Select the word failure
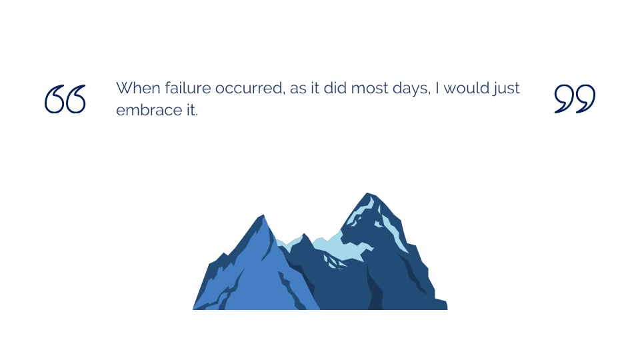pyautogui.click(x=188, y=88)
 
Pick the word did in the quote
pyautogui.click(x=335, y=88)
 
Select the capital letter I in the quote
pyautogui.click(x=437, y=88)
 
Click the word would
pyautogui.click(x=466, y=88)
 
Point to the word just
pyautogui.click(x=506, y=89)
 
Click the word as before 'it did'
pyautogui.click(x=298, y=89)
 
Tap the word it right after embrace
pyautogui.click(x=192, y=110)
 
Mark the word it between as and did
pyautogui.click(x=315, y=88)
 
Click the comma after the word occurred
pyautogui.click(x=283, y=93)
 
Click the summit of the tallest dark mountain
pyautogui.click(x=367, y=193)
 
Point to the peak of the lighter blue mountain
pyautogui.click(x=263, y=215)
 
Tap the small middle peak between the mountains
pyautogui.click(x=304, y=234)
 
